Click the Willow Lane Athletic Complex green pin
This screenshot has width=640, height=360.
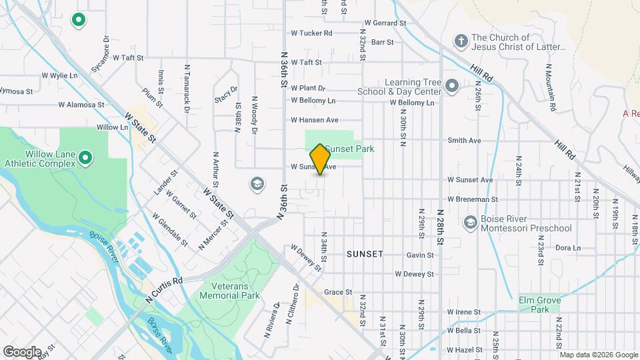tap(85, 157)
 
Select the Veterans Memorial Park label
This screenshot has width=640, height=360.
tap(230, 290)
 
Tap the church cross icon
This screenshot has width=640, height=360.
tap(460, 41)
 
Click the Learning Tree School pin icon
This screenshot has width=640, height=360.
tap(452, 86)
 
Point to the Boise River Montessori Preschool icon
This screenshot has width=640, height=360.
tap(470, 223)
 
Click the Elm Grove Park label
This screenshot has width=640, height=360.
tap(540, 305)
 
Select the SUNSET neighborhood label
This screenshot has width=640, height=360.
tap(365, 254)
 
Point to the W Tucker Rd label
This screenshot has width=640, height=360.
tap(311, 33)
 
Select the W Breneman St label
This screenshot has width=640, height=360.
tap(473, 199)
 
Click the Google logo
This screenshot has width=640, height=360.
tap(22, 351)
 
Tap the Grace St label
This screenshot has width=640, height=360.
tap(338, 292)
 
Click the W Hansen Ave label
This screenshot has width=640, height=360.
tap(315, 120)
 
